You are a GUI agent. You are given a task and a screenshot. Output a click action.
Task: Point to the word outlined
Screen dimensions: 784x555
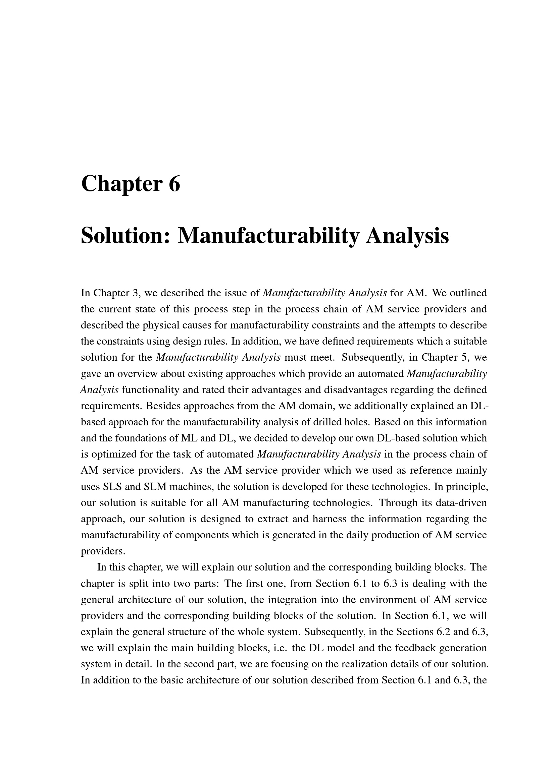(468, 293)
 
